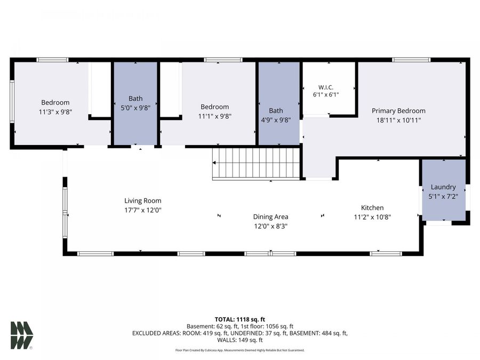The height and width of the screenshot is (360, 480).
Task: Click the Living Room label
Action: [142, 201]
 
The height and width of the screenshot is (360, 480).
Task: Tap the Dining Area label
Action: [270, 217]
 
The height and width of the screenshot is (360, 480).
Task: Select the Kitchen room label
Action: [372, 207]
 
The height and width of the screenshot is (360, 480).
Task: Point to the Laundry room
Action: [444, 189]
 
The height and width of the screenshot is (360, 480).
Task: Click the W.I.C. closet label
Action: [326, 87]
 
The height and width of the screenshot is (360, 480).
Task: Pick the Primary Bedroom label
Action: [398, 111]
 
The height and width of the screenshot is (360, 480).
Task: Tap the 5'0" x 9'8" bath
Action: [135, 103]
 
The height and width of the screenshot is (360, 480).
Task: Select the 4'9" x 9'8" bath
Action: [279, 103]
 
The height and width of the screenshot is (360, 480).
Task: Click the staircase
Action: [256, 163]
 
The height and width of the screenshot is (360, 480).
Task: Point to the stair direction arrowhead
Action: [214, 163]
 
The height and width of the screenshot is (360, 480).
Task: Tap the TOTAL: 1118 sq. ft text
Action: [239, 319]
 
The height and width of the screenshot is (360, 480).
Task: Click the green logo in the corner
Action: [21, 335]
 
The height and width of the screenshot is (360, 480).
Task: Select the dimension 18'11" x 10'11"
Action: [398, 121]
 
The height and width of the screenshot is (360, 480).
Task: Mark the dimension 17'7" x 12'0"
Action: [142, 210]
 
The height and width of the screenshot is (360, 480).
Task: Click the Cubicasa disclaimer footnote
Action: [239, 350]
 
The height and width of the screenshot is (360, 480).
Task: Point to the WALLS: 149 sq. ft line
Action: [239, 340]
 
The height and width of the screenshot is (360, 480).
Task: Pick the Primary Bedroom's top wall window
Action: [411, 60]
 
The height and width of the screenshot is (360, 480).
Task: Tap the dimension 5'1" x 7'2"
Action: [443, 196]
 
